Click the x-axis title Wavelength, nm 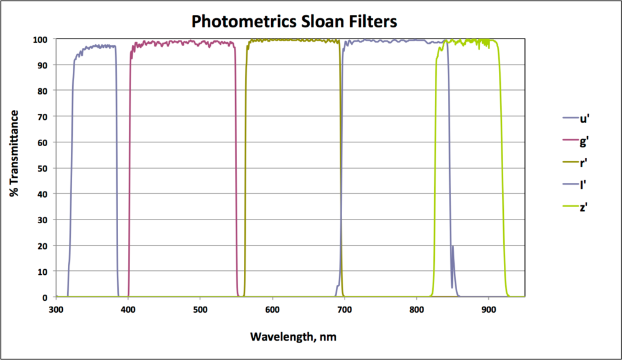293,336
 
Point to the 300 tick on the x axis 56,309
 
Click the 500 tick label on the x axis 200,309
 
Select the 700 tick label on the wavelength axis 345,309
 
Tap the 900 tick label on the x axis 489,309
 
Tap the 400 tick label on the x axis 128,309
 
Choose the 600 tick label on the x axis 272,309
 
